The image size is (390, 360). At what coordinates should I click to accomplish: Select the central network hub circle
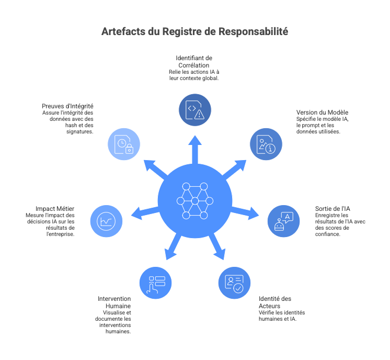194,201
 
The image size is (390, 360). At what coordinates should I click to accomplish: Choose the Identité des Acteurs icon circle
234,283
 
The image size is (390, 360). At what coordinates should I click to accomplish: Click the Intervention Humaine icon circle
156,283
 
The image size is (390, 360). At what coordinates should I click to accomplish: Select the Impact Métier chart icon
107,221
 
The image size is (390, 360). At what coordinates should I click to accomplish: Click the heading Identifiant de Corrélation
194,61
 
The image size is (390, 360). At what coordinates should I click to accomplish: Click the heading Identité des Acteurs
275,301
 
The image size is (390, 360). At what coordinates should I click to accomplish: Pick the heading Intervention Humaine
115,301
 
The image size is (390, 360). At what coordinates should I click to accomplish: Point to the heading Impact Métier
56,208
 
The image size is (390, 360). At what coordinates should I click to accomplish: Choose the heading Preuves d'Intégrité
68,106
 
